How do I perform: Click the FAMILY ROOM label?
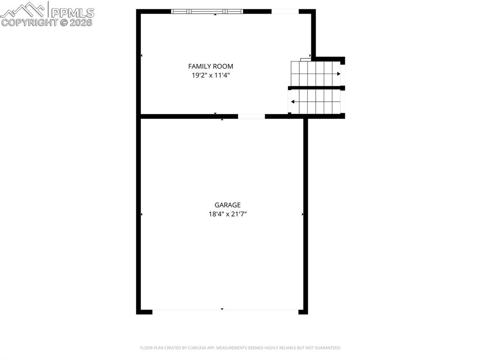pos(210,66)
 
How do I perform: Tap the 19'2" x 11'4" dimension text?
pos(210,75)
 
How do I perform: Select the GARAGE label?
pos(227,205)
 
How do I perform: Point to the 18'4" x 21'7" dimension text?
pos(227,214)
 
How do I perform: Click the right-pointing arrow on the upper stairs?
pos(338,74)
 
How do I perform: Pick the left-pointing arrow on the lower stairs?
pos(293,101)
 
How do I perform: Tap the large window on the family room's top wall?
pos(207,11)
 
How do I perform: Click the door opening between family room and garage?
pos(251,116)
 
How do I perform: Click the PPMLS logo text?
pos(72,13)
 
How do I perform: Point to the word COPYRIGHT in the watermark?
pos(29,22)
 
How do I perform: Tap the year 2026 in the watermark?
pos(82,22)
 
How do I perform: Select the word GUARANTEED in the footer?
pos(327,348)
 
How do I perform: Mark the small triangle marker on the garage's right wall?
pos(303,214)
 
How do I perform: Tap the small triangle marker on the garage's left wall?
pos(141,214)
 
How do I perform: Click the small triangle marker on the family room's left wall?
pos(141,56)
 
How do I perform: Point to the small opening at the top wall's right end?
pos(285,11)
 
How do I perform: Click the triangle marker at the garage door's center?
pos(222,309)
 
